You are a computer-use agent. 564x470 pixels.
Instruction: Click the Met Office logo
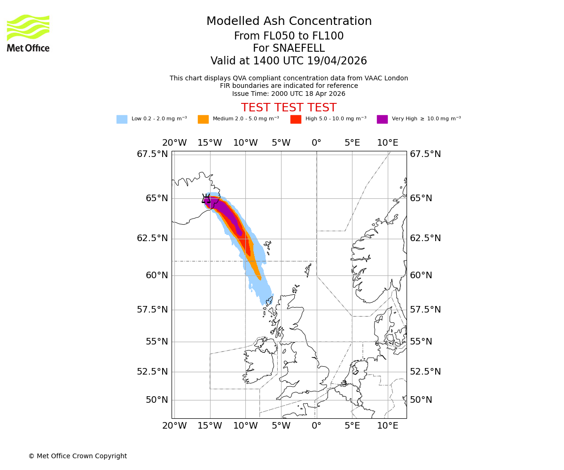pyautogui.click(x=28, y=33)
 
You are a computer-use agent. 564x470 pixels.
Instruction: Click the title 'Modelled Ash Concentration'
pyautogui.click(x=289, y=21)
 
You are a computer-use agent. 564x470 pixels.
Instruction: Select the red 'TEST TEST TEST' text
pyautogui.click(x=289, y=108)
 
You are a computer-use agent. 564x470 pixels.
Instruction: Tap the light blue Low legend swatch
pyautogui.click(x=122, y=119)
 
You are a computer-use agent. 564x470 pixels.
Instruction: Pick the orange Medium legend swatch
pyautogui.click(x=203, y=119)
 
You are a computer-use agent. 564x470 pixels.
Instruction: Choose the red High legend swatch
pyautogui.click(x=296, y=119)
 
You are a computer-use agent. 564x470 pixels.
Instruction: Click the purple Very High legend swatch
pyautogui.click(x=382, y=119)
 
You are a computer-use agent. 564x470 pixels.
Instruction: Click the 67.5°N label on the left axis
pyautogui.click(x=152, y=154)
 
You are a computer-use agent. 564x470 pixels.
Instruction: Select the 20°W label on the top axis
pyautogui.click(x=174, y=143)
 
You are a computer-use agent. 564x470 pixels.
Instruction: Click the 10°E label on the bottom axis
pyautogui.click(x=388, y=426)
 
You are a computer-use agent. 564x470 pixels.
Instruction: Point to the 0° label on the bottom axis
pyautogui.click(x=316, y=426)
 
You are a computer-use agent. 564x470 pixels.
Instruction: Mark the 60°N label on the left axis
pyautogui.click(x=157, y=275)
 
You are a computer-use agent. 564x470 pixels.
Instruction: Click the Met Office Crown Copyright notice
pyautogui.click(x=78, y=456)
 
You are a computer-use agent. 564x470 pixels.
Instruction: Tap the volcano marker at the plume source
pyautogui.click(x=207, y=199)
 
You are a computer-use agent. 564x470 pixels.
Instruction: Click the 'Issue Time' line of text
pyautogui.click(x=289, y=94)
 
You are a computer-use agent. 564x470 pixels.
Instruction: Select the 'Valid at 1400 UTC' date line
pyautogui.click(x=289, y=61)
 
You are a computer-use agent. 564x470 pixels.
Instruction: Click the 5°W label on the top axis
pyautogui.click(x=281, y=143)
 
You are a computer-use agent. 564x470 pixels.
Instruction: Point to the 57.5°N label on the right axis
pyautogui.click(x=425, y=310)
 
